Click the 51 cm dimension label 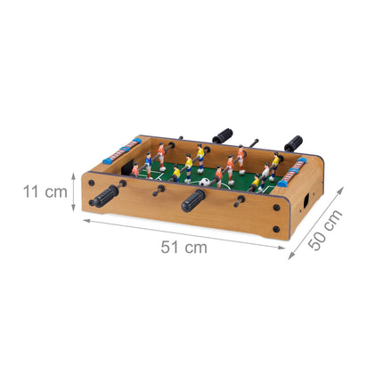pos(183,248)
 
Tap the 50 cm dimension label pos(325,230)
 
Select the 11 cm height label pos(45,191)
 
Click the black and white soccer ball pos(204,182)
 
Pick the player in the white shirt pos(265,175)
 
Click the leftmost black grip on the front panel pos(104,197)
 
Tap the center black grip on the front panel pos(193,200)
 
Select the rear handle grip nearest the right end pos(293,143)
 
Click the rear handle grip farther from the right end pos(223,135)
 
